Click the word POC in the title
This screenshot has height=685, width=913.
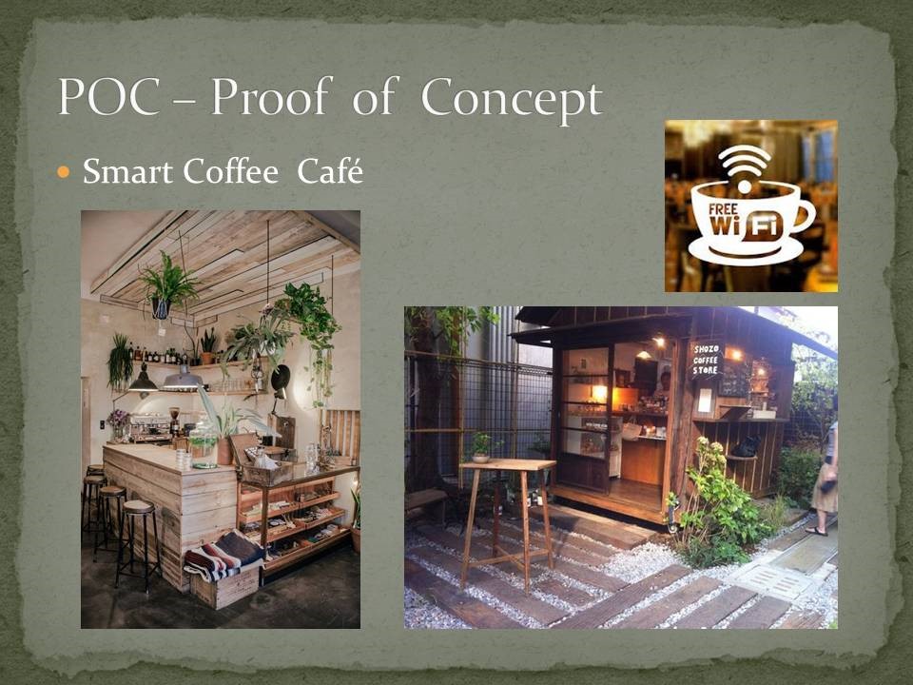[108, 96]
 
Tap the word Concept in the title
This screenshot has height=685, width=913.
[512, 100]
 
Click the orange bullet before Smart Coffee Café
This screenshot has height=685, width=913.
[64, 172]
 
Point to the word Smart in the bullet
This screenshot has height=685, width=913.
[128, 171]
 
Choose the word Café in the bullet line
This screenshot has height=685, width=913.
[330, 171]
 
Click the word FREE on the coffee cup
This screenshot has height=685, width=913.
[723, 209]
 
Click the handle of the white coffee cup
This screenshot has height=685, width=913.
[805, 216]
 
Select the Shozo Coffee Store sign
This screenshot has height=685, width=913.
[705, 360]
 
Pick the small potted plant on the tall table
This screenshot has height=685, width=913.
[481, 447]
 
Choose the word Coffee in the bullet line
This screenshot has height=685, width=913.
[230, 171]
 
